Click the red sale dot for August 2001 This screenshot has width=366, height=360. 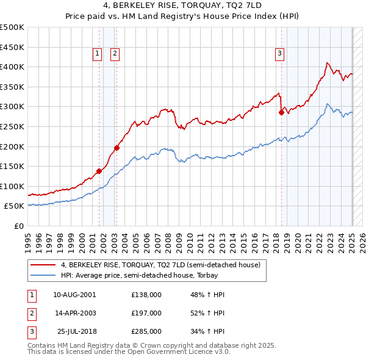click(x=99, y=171)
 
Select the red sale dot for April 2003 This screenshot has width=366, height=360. click(x=117, y=147)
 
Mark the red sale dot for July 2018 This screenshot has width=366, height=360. click(x=281, y=112)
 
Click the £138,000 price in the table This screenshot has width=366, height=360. click(x=146, y=295)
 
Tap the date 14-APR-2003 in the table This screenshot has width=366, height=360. click(x=76, y=313)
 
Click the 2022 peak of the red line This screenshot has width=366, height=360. click(x=328, y=62)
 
